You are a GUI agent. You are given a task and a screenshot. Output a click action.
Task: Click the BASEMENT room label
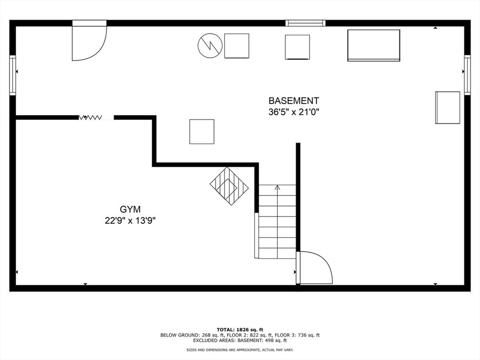point(293,100)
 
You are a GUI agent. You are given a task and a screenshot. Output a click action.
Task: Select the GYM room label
point(130,210)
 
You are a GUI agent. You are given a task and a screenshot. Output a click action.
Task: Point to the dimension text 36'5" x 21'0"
point(293,112)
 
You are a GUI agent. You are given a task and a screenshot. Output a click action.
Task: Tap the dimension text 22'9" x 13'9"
point(130,221)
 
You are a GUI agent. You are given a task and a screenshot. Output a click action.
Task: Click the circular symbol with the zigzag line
point(210,45)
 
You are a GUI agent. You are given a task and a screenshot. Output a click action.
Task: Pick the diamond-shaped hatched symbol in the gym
point(229,186)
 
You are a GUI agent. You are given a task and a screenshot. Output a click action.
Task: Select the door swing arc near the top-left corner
point(89,43)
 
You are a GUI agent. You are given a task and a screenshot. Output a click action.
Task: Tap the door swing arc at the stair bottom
point(315,268)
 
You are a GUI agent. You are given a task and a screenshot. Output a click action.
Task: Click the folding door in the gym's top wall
point(96,117)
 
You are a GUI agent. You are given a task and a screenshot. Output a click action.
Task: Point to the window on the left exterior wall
point(13,75)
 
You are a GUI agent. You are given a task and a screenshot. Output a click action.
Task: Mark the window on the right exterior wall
point(467,75)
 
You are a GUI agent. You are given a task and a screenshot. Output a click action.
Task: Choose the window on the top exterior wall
point(306,22)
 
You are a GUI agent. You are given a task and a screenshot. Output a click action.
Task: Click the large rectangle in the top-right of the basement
point(374,45)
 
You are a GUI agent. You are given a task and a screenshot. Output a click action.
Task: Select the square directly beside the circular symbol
point(237,46)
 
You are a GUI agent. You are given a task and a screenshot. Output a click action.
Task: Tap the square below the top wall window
point(297,47)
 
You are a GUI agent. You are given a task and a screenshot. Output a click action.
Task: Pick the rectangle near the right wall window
point(448,107)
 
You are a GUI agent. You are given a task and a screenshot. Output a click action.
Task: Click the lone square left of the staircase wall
point(202,132)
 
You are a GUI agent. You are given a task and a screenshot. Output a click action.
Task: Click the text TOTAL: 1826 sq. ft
point(240,329)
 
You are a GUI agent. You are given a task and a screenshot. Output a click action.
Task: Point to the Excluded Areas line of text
point(240,340)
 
